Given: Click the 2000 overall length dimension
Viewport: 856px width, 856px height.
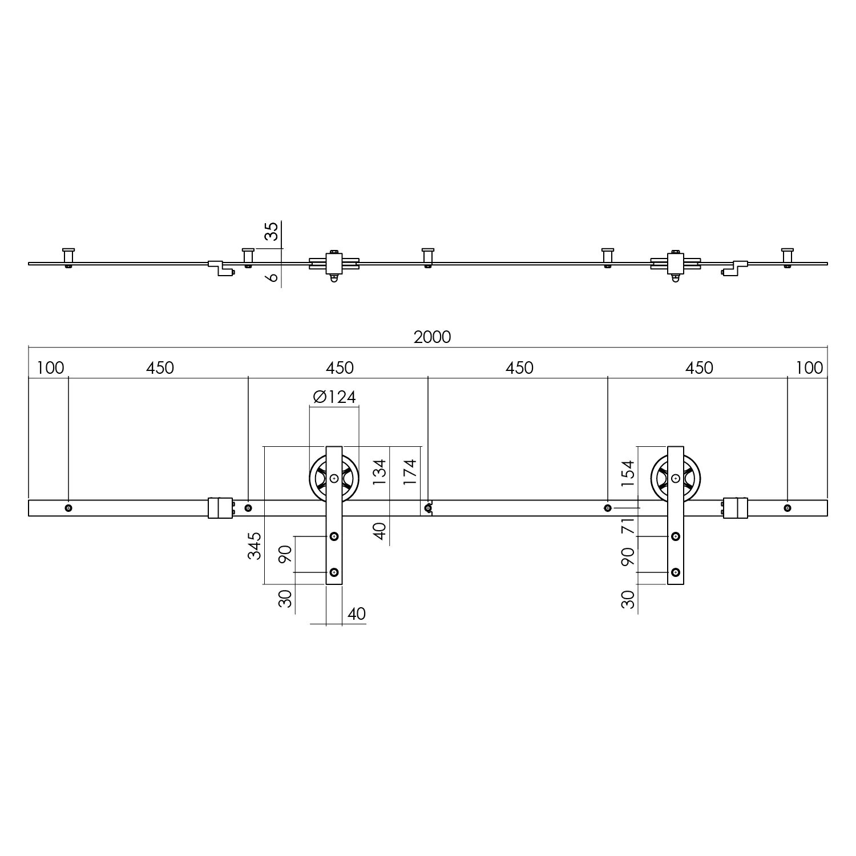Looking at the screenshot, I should pos(432,337).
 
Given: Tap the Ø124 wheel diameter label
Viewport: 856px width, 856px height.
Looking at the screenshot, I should pos(334,397).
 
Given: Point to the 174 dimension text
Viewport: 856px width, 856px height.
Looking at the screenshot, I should pos(411,472).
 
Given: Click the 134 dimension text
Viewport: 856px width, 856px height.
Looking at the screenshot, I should pos(379,472).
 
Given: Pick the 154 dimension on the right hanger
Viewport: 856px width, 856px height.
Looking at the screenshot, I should pos(627,472).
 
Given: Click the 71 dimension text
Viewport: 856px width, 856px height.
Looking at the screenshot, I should pos(627,526).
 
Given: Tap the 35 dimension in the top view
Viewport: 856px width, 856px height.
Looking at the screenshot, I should pos(273,232).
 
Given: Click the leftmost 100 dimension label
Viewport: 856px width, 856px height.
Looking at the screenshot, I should pos(50,368).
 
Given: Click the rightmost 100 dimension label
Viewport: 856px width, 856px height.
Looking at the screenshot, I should pos(809,368).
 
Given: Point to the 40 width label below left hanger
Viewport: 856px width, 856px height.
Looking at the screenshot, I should pos(356,614).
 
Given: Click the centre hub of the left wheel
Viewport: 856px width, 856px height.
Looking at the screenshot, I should pos(334,478).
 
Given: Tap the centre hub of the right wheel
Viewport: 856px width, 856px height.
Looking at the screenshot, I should pos(676,478).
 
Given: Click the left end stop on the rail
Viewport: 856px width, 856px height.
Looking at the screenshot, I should pos(220,508).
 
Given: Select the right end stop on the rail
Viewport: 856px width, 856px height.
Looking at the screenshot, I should pos(736,508).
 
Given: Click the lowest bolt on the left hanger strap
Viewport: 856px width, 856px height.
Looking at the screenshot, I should pos(334,572).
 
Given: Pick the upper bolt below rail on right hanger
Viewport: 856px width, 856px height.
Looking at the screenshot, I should pos(676,536).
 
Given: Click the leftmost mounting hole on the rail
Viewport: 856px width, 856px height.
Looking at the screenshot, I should pos(68,508).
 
